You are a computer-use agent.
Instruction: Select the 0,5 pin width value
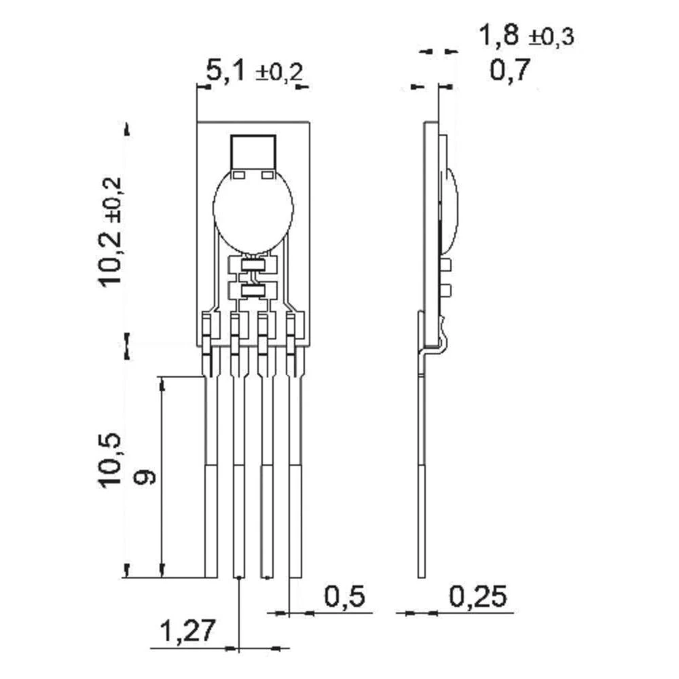pos(345,597)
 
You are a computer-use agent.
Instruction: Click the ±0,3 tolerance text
pos(551,37)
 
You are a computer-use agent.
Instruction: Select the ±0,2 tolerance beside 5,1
pos(278,73)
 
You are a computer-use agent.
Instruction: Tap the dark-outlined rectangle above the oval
pos(253,151)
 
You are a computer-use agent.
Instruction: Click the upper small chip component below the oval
pos(253,265)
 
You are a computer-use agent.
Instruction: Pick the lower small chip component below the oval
pos(253,292)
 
